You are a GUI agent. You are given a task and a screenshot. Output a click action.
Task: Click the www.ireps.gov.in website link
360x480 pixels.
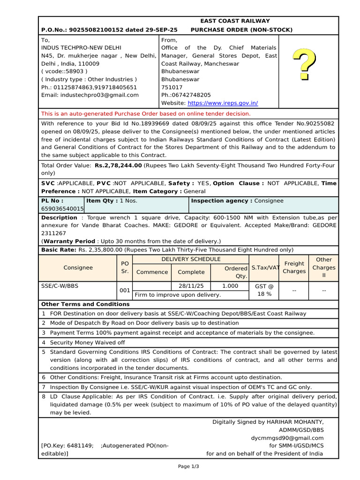[x=223, y=103]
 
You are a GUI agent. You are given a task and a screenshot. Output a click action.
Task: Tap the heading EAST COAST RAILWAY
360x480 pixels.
[x=235, y=21]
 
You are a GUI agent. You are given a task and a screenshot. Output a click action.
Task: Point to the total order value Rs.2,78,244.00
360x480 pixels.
[x=118, y=165]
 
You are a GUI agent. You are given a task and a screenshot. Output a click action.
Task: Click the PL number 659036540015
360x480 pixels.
[x=63, y=209]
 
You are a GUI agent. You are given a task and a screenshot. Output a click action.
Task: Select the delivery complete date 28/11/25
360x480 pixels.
[x=191, y=285]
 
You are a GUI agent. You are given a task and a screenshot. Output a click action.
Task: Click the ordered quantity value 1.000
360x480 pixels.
[x=230, y=285]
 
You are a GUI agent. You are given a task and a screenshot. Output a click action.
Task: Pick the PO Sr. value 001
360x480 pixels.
[x=125, y=290]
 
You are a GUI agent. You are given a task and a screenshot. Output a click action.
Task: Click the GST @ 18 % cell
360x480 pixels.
[x=264, y=290]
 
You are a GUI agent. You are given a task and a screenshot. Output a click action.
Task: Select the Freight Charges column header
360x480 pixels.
[x=294, y=267]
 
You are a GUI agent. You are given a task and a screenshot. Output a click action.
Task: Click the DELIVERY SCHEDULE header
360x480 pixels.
[x=191, y=259]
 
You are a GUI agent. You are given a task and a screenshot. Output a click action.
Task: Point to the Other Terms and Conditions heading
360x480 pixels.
[x=79, y=304]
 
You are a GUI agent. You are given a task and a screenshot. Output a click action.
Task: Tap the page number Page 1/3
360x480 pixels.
[x=188, y=466]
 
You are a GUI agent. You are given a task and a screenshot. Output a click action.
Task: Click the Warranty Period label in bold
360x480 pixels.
[x=68, y=241]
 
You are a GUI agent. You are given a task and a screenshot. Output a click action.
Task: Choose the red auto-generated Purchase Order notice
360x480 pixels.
[x=146, y=113]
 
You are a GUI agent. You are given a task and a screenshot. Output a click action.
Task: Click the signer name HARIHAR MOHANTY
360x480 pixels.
[x=294, y=422]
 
